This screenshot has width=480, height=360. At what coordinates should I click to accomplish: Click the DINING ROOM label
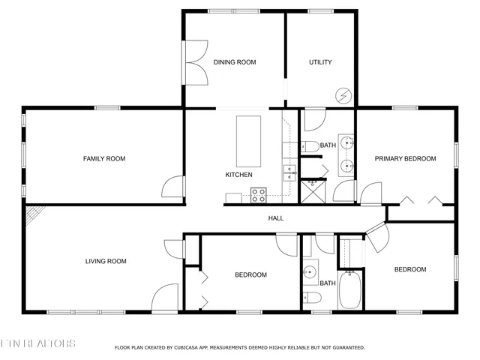[235, 62]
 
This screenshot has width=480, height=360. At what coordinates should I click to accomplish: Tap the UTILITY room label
[320, 62]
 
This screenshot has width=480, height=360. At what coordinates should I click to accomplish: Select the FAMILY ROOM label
[104, 158]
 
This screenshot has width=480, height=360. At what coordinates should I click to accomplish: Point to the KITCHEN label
[238, 175]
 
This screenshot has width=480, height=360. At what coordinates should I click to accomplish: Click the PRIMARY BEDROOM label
[406, 158]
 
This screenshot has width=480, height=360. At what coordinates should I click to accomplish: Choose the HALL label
[276, 218]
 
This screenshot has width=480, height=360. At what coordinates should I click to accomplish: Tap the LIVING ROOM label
[106, 261]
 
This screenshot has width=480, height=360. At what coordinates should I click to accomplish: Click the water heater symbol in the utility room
[343, 95]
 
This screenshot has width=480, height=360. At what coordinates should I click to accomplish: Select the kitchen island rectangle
[250, 142]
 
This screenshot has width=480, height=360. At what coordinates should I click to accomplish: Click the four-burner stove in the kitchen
[259, 195]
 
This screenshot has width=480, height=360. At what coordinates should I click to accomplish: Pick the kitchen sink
[290, 173]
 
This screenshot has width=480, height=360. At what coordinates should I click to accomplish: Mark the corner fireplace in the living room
[33, 217]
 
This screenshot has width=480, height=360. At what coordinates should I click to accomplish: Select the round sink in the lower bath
[309, 272]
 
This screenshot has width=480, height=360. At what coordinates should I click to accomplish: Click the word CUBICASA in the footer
[187, 347]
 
